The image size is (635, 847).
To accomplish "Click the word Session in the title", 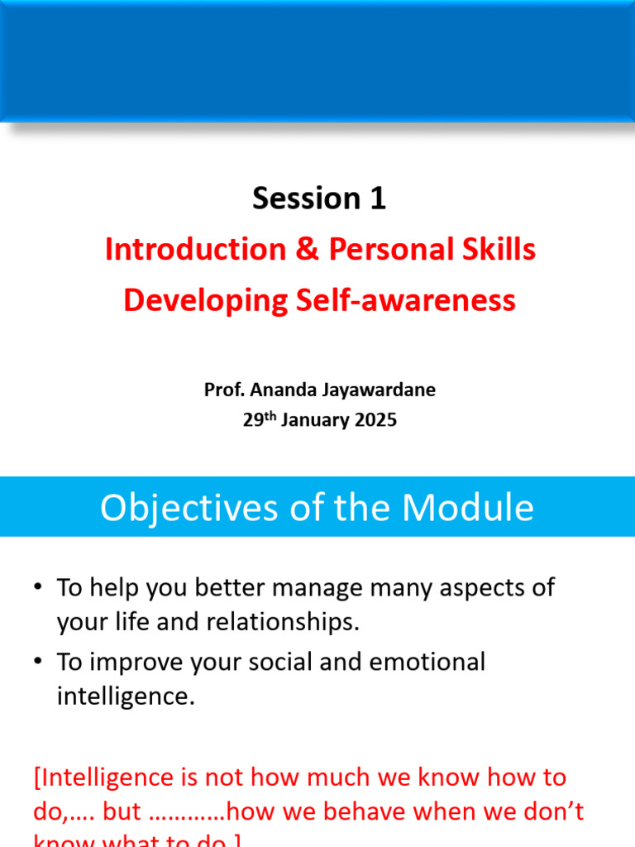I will pyautogui.click(x=294, y=199).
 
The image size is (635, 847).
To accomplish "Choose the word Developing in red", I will pyautogui.click(x=205, y=300).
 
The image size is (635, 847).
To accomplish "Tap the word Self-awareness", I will pyautogui.click(x=406, y=300).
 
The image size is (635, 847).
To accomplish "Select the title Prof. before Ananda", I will pyautogui.click(x=223, y=390).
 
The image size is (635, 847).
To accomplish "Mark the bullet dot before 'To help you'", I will pyautogui.click(x=38, y=587).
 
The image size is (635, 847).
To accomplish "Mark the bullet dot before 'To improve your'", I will pyautogui.click(x=38, y=662).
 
